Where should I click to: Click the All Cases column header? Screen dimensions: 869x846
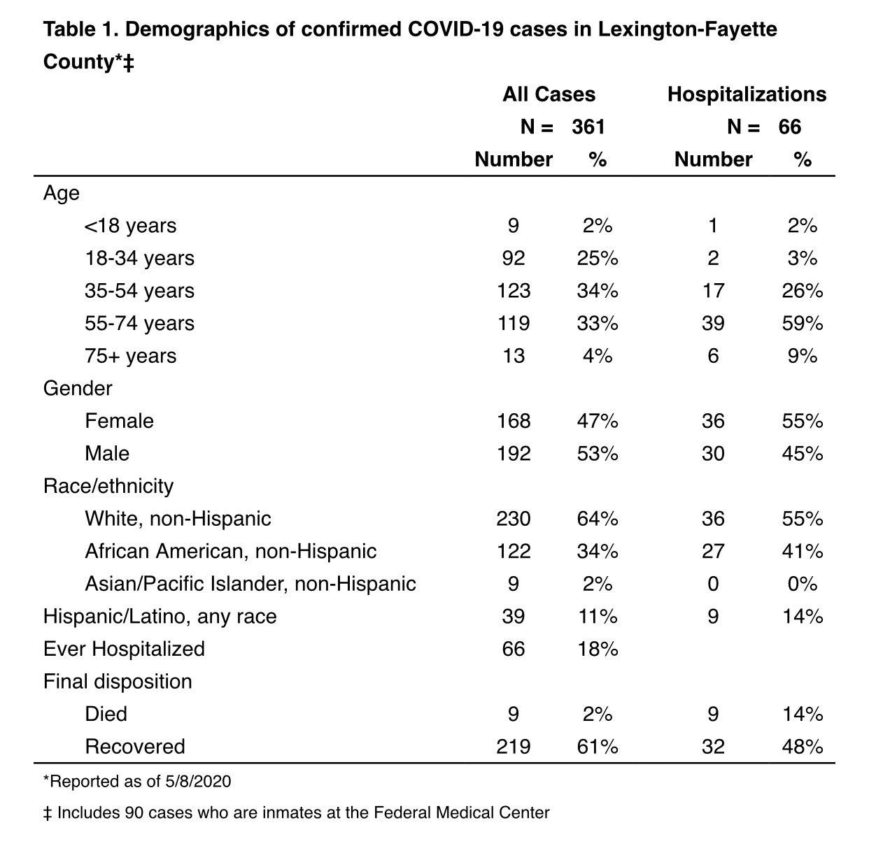click(x=549, y=94)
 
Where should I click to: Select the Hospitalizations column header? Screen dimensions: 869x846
click(x=747, y=94)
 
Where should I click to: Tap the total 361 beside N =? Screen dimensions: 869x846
click(x=588, y=127)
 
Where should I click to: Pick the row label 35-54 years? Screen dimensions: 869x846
click(x=139, y=291)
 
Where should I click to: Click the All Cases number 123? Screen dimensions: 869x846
click(x=514, y=291)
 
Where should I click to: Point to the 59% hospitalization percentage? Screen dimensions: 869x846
click(x=802, y=324)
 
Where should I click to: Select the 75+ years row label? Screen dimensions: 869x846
click(x=130, y=356)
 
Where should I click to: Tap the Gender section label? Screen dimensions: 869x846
click(x=78, y=389)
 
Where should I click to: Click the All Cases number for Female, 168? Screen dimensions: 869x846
click(x=514, y=421)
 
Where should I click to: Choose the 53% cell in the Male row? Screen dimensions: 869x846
click(x=598, y=454)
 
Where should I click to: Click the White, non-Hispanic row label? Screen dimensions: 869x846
click(x=178, y=519)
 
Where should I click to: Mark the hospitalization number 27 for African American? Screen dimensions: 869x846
click(x=713, y=552)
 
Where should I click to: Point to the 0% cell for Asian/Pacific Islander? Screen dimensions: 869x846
click(x=802, y=584)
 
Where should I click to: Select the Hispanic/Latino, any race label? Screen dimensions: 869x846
click(x=160, y=617)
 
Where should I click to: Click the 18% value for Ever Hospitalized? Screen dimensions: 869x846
click(x=598, y=650)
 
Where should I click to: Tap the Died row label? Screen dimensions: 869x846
click(x=106, y=715)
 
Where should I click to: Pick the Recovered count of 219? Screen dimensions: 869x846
click(x=514, y=747)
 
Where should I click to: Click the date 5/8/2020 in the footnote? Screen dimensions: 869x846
click(x=198, y=782)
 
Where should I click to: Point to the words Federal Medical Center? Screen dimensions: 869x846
click(x=461, y=813)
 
